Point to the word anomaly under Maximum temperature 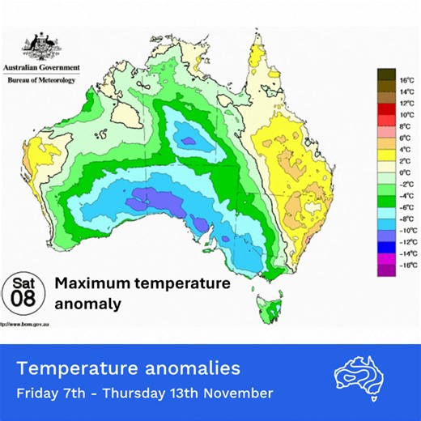point(89,305)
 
